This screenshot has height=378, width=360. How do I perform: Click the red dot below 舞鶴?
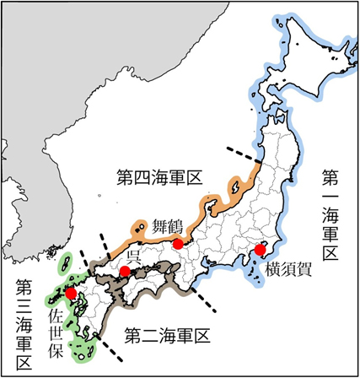point(178,244)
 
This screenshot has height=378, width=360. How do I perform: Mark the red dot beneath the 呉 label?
point(125,272)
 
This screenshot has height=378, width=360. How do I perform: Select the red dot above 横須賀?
point(261,250)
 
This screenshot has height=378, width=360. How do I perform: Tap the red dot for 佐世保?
point(72,294)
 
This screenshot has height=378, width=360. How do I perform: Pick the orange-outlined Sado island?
point(237,185)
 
